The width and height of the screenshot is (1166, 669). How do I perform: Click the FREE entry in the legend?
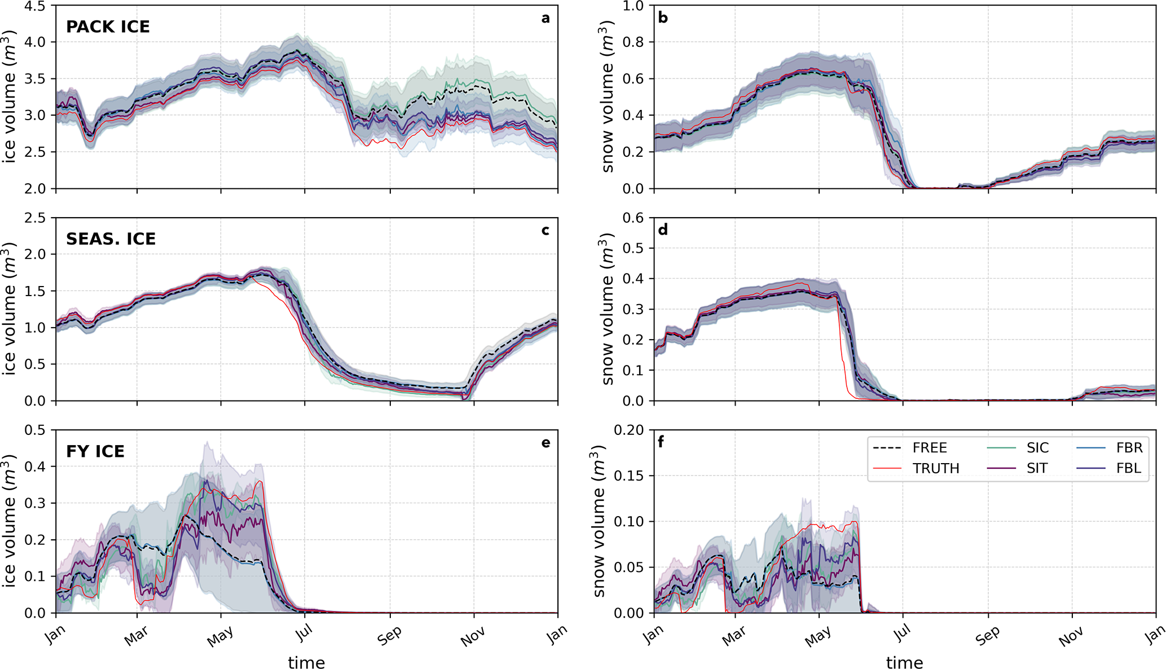click(930, 448)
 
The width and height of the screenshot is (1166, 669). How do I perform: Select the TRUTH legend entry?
click(936, 468)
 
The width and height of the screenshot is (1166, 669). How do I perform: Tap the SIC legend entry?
click(1037, 448)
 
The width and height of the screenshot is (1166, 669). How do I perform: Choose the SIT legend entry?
click(1037, 468)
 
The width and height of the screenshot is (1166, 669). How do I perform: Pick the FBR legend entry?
click(1129, 448)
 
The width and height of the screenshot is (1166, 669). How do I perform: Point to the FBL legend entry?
click(1128, 468)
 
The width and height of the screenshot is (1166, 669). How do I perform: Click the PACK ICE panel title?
click(108, 27)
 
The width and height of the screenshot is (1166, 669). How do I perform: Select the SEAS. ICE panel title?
click(111, 239)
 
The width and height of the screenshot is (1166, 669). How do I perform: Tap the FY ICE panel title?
click(95, 451)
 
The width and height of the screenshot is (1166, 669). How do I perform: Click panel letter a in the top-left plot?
click(545, 18)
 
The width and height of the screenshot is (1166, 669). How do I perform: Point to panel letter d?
click(663, 230)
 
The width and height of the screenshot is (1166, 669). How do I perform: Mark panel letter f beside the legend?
click(661, 442)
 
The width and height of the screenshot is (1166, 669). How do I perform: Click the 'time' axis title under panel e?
click(306, 662)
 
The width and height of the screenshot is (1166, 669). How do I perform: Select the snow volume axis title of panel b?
click(608, 97)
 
